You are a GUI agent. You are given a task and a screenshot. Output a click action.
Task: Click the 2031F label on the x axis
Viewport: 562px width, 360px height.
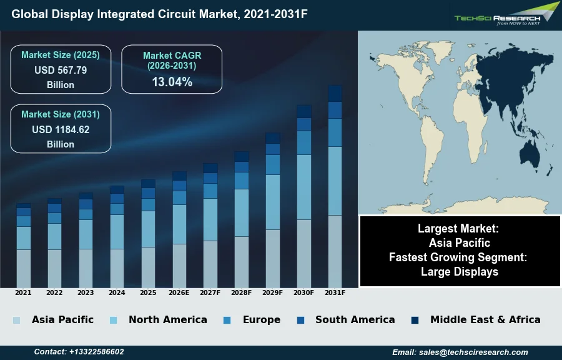(335, 292)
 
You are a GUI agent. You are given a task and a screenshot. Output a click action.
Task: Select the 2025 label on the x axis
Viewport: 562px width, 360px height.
(148, 292)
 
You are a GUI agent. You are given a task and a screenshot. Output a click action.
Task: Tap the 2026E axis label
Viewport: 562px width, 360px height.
(179, 292)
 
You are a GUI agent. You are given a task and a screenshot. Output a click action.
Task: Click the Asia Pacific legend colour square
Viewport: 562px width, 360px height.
(16, 320)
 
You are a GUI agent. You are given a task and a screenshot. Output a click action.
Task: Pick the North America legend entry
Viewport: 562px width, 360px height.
(167, 320)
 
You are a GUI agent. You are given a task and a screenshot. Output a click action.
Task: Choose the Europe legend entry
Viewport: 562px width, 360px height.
(261, 320)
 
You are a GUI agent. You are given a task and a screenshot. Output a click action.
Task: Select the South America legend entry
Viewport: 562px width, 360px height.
(355, 320)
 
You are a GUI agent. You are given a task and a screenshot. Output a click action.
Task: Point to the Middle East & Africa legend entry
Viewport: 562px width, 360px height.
(485, 320)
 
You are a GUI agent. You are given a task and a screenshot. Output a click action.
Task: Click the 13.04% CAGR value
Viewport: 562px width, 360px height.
(172, 82)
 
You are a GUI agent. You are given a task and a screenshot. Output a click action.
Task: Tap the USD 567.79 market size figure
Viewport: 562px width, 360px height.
(61, 70)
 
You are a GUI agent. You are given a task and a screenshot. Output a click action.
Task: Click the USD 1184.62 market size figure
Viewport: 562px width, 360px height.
(61, 130)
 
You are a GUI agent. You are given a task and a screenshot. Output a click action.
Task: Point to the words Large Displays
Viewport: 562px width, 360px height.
(460, 272)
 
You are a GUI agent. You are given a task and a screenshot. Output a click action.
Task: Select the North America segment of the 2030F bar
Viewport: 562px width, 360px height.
(304, 187)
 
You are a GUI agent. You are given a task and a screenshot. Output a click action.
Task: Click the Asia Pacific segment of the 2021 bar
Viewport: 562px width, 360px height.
(24, 268)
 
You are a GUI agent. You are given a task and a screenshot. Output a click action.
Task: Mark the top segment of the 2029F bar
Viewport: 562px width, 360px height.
(273, 138)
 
